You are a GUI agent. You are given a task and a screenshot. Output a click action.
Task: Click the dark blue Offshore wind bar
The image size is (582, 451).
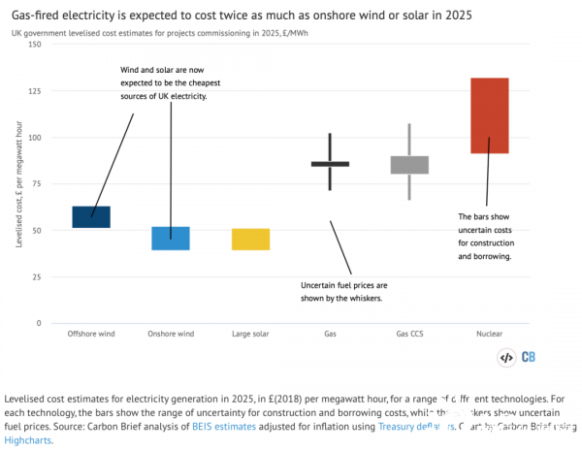coord(92,217)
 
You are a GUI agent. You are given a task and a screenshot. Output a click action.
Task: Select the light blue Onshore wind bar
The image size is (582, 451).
coord(171,239)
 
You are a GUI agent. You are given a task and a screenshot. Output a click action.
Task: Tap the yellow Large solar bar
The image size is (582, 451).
coord(250,240)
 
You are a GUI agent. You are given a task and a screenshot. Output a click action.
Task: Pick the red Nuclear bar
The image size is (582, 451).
coord(489,115)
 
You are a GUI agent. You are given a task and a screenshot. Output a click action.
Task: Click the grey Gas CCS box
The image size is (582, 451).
coord(409,165)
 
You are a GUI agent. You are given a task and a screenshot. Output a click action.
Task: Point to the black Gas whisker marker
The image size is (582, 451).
coord(330,164)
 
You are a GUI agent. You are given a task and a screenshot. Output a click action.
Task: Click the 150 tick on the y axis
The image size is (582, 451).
coord(35,45)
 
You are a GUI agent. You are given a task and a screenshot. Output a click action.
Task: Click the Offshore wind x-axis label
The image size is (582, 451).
coord(91,334)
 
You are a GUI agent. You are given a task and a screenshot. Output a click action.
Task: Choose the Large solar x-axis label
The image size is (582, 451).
coord(250,334)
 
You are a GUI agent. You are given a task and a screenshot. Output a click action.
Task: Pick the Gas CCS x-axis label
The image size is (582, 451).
coord(409,334)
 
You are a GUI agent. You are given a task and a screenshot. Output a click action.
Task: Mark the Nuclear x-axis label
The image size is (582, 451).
coord(489,334)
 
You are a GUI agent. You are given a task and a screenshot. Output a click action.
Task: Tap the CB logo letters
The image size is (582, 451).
coord(530,357)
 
